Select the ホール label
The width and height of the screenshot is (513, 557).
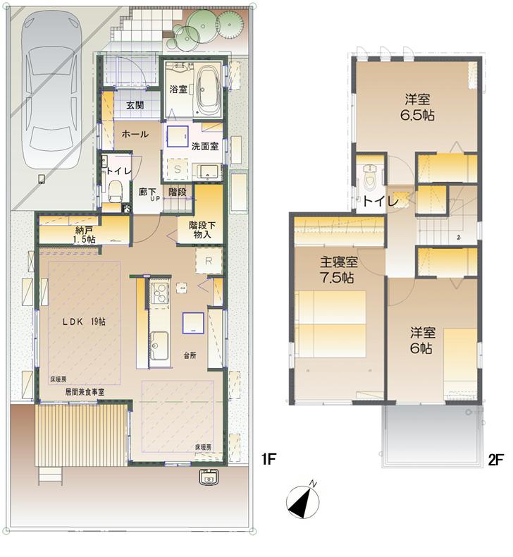(135, 134)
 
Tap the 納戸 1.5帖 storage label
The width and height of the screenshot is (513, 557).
(84, 234)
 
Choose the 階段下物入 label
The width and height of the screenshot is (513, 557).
(202, 230)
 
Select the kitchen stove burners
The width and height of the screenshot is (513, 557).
(159, 292)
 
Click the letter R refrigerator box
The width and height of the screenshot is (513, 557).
(209, 260)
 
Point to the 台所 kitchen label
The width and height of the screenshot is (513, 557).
(190, 355)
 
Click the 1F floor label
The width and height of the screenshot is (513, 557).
(268, 459)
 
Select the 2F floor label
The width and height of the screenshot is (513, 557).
(495, 459)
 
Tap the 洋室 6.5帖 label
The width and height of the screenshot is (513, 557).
(417, 106)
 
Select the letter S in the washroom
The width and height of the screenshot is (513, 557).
(178, 170)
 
